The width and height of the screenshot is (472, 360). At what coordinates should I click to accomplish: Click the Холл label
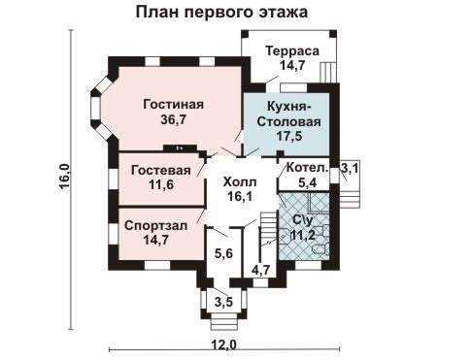[x=239, y=180]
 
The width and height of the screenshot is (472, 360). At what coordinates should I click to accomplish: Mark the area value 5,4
[x=306, y=181]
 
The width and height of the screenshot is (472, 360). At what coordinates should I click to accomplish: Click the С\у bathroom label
[x=302, y=219]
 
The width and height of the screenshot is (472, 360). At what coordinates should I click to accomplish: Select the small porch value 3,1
[x=350, y=169]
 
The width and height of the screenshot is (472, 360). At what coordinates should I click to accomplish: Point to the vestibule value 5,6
[x=222, y=254]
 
